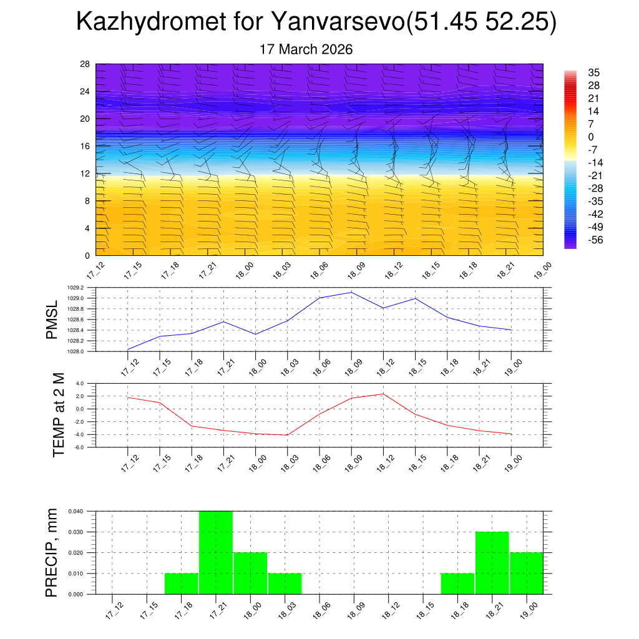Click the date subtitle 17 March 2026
point(306,49)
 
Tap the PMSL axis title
point(52,320)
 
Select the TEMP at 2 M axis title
point(59,415)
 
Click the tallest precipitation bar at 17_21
point(216,552)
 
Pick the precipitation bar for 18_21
point(492,562)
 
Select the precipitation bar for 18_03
point(285,583)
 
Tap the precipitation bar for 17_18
point(182,583)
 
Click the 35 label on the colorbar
point(593,72)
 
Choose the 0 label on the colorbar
point(590,137)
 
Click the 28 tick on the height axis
point(85,64)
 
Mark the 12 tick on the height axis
point(85,173)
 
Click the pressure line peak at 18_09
point(351,292)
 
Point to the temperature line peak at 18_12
point(383,394)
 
